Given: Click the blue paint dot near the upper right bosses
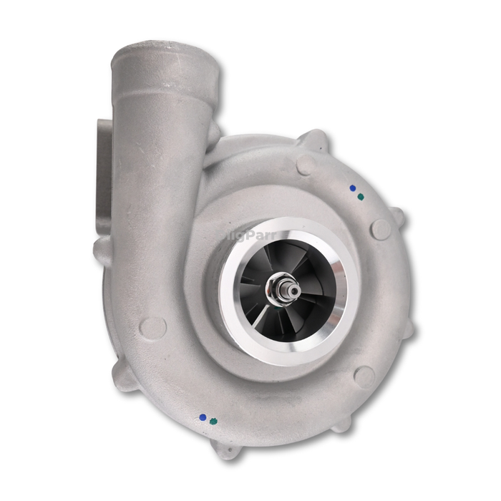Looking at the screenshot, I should [x=353, y=188].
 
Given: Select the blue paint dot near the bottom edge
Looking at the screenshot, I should [x=203, y=416].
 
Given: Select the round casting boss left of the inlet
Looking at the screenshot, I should [x=153, y=327].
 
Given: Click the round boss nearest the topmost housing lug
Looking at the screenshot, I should [x=306, y=165].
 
